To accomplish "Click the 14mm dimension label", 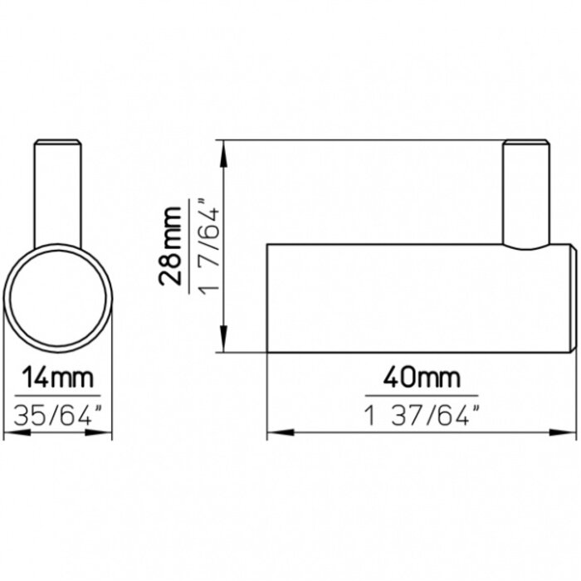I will tap(57, 378).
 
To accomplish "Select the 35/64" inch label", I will tap(57, 413).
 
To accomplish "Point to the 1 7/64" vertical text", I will tap(207, 247).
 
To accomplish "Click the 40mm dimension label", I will tap(422, 378).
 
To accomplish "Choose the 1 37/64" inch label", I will tap(422, 413).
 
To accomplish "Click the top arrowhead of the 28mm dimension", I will tap(224, 149).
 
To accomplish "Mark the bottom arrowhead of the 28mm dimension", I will tap(224, 344).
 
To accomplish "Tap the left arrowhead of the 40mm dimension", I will tap(274, 433).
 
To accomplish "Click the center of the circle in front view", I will tap(57, 300).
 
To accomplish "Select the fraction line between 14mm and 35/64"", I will tap(57, 395).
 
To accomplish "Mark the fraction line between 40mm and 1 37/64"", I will tap(422, 395).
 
